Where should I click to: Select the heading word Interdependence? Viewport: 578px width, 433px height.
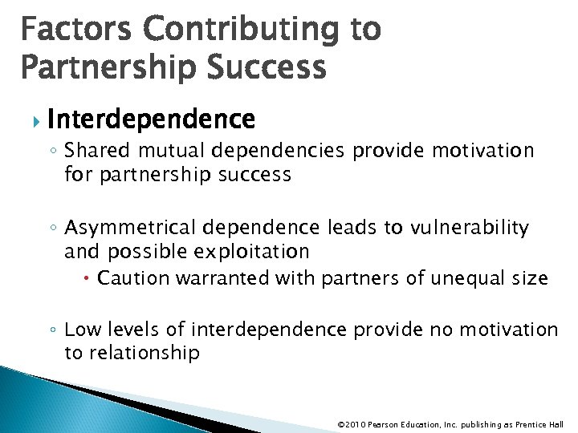coord(151,120)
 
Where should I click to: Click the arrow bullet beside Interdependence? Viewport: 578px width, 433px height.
coord(33,121)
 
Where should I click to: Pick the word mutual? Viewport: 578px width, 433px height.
coord(165,151)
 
